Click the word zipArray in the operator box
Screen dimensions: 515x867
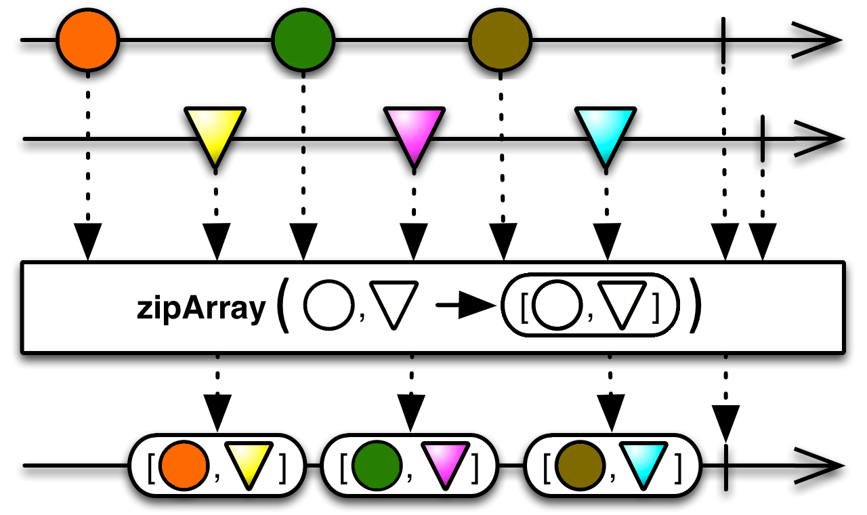pyautogui.click(x=200, y=309)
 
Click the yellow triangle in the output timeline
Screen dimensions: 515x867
pyautogui.click(x=248, y=461)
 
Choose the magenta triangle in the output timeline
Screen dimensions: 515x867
pyautogui.click(x=441, y=461)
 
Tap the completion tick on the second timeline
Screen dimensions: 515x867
pyautogui.click(x=763, y=139)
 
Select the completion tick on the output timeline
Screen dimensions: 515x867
pyautogui.click(x=725, y=466)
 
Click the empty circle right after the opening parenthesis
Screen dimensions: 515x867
pyautogui.click(x=329, y=307)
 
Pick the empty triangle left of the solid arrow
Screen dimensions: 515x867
pyautogui.click(x=396, y=307)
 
